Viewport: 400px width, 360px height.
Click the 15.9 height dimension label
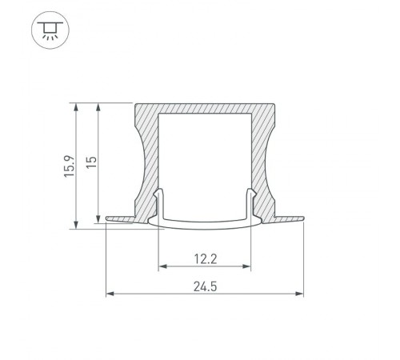click(70, 166)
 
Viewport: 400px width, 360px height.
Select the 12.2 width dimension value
click(206, 258)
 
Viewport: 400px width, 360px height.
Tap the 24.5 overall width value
click(206, 285)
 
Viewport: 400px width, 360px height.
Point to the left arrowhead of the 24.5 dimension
click(110, 294)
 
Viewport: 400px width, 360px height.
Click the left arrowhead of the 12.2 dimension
click(162, 267)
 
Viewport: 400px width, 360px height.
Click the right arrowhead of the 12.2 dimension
click(250, 267)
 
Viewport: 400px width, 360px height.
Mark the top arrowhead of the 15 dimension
click(97, 106)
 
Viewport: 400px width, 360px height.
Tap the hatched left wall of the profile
click(146, 160)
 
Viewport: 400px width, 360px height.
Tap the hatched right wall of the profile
click(266, 160)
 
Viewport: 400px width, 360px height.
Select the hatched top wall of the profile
click(206, 109)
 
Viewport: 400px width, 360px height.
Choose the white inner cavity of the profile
click(206, 160)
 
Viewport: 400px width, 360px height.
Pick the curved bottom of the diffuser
click(206, 225)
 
